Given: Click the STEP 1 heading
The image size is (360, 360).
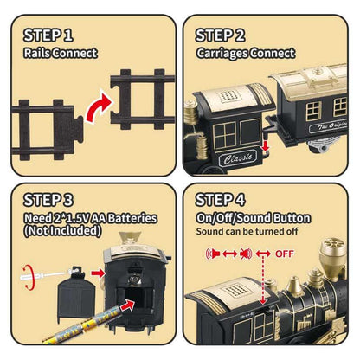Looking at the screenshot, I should point(50,35).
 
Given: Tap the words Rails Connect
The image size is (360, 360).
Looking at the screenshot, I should point(56,53).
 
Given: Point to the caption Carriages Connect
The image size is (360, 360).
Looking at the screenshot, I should point(246,53).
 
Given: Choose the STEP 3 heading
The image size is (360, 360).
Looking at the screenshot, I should point(50,202).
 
